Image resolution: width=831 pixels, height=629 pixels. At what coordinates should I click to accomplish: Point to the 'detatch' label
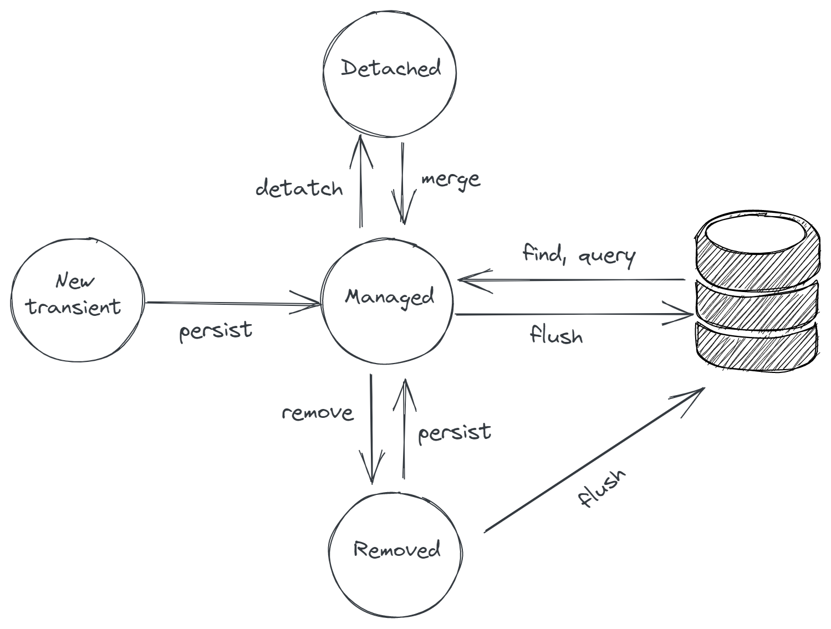(299, 188)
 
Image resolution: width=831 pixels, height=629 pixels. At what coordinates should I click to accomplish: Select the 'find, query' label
(579, 255)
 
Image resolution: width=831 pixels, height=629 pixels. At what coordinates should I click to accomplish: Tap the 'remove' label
(317, 413)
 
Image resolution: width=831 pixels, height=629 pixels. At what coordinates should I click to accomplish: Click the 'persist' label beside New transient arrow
(216, 331)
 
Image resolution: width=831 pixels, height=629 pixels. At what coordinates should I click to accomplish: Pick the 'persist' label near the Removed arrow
(455, 433)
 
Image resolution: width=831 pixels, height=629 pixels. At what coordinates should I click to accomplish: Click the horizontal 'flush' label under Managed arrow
(556, 335)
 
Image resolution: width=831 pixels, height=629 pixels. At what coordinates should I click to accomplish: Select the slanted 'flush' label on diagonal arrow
(601, 488)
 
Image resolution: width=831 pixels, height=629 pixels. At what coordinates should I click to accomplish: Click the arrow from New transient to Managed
(233, 303)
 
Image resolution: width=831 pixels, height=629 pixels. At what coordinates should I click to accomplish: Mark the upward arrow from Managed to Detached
(361, 183)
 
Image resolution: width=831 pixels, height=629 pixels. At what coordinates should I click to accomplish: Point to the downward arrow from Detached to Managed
(403, 183)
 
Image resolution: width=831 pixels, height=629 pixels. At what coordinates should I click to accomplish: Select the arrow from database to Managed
(571, 280)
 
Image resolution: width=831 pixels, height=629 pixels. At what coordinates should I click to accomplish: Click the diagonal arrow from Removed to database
(593, 460)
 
